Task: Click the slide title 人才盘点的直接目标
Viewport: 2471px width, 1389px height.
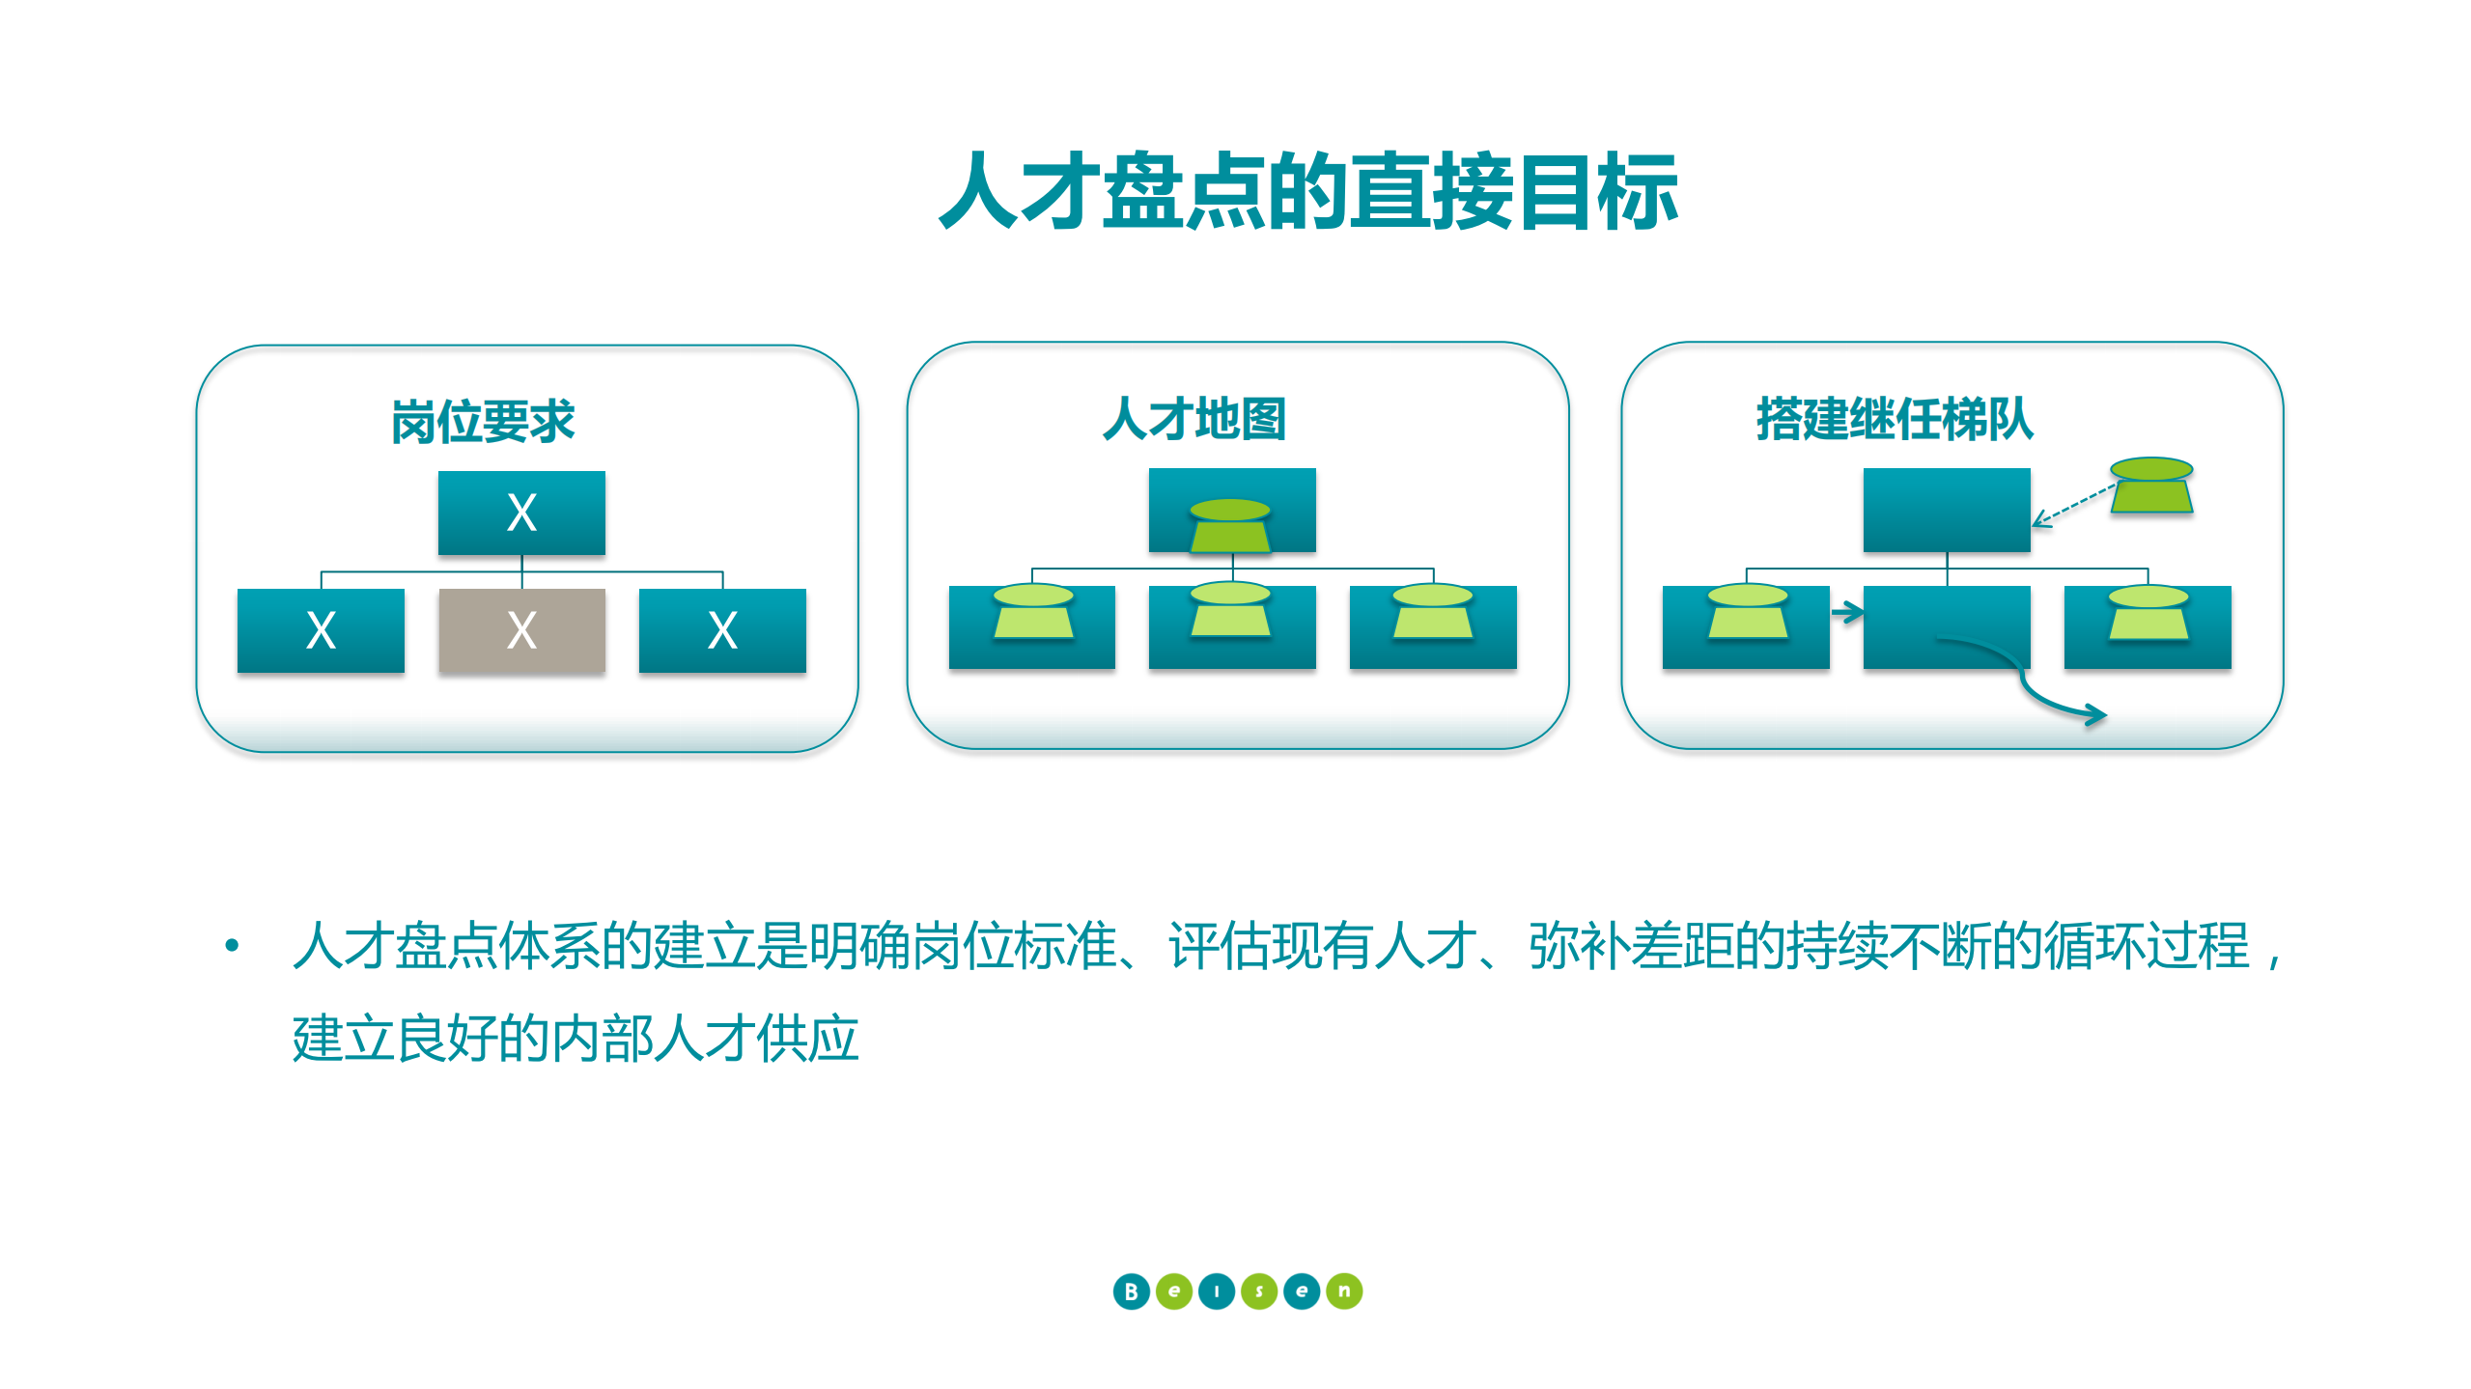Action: [x=1307, y=192]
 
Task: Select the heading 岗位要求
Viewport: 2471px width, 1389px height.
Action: [x=482, y=422]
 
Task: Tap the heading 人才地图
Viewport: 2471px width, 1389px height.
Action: [x=1194, y=419]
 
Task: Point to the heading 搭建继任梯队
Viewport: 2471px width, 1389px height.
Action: [x=1895, y=419]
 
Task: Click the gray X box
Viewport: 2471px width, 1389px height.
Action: [x=521, y=630]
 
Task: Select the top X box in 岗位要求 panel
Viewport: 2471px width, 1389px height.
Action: [x=521, y=513]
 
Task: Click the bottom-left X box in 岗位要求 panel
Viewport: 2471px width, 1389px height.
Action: [x=321, y=630]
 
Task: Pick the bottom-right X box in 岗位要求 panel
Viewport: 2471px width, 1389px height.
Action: [x=722, y=630]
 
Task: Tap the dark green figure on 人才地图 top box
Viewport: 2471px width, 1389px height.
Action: [x=1230, y=526]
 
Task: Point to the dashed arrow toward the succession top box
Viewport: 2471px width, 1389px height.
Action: [x=2074, y=506]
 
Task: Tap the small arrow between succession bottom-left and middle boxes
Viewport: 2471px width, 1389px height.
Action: [x=1847, y=612]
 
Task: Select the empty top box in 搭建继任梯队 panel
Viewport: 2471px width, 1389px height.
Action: [x=1947, y=510]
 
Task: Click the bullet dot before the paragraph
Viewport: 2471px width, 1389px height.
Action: [x=232, y=945]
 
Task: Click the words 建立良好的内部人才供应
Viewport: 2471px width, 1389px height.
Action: [x=576, y=1039]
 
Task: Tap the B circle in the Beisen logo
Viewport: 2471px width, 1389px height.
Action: [x=1131, y=1291]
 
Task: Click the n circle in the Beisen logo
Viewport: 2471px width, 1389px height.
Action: [x=1344, y=1291]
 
